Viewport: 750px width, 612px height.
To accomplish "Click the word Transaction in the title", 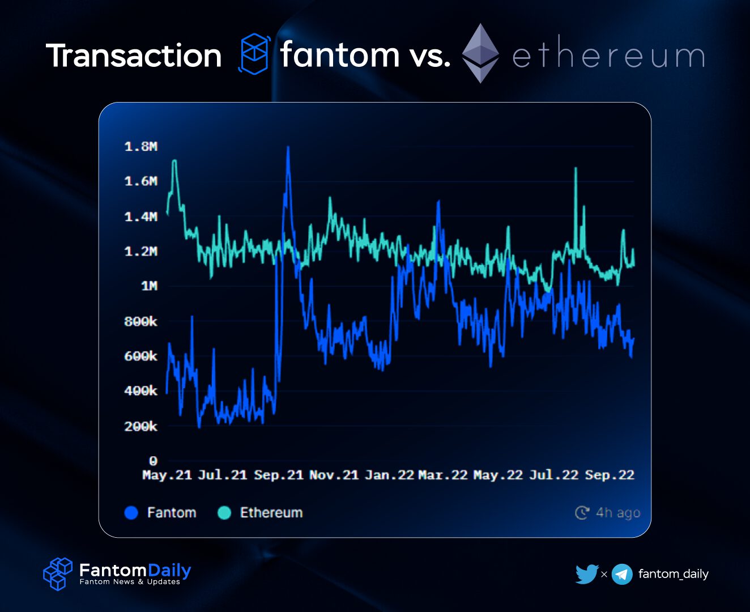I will [134, 56].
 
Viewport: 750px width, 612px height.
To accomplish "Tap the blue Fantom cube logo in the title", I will [254, 54].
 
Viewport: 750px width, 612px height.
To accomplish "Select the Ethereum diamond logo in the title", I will [480, 53].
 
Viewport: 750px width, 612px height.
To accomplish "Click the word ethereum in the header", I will [609, 56].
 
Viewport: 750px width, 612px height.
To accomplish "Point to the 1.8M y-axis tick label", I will [141, 147].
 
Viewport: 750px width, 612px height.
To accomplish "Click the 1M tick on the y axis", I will [149, 286].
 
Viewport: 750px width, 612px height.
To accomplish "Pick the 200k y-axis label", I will [141, 426].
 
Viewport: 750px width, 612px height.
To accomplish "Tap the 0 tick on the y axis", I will [153, 461].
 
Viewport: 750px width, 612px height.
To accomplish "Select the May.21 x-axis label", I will [167, 475].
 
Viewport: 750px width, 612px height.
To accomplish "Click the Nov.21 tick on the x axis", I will [334, 475].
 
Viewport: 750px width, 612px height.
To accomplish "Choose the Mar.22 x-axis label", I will [443, 475].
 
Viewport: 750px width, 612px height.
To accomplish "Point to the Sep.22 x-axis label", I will [610, 475].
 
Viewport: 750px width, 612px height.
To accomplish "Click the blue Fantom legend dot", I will [131, 513].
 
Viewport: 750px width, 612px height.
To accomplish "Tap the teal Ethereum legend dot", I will [224, 513].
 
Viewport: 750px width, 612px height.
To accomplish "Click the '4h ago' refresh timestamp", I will [617, 513].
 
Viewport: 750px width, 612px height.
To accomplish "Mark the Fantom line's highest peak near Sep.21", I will [288, 147].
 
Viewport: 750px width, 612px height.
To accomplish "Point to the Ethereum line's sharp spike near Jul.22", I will [576, 169].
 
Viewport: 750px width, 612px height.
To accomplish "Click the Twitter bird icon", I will [587, 574].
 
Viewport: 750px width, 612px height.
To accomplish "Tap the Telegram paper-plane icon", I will [622, 574].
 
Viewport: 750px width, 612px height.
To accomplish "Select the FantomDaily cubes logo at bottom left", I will [58, 573].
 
